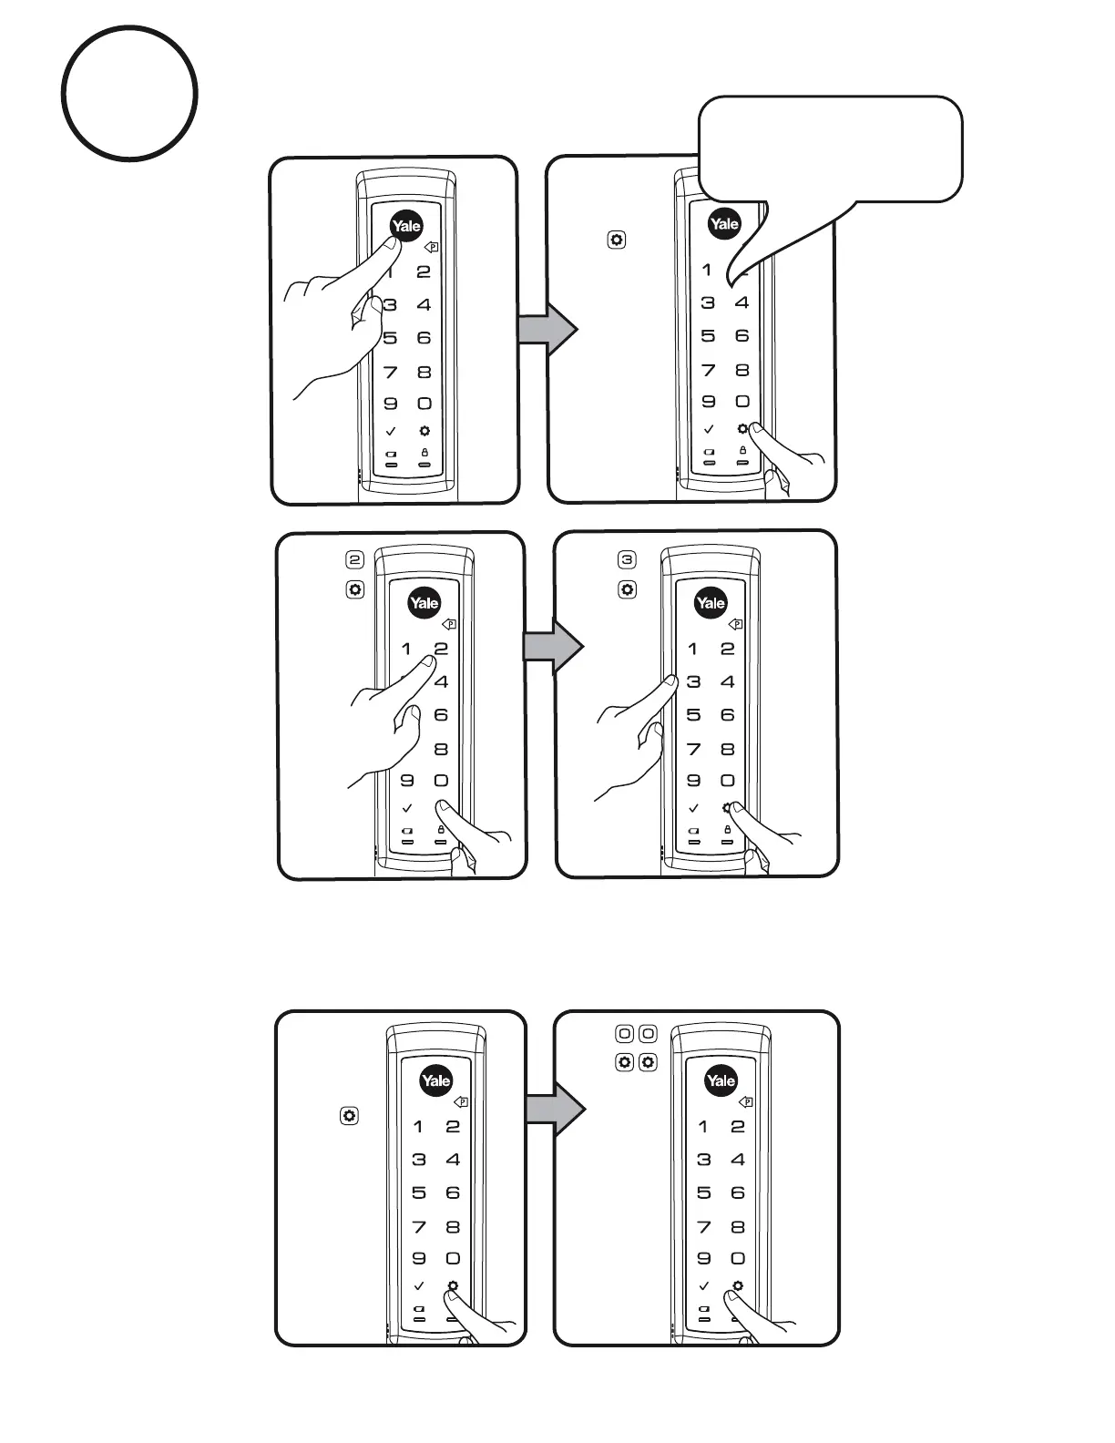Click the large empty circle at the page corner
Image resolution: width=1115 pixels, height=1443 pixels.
point(129,93)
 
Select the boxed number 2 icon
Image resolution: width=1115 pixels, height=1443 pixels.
point(354,559)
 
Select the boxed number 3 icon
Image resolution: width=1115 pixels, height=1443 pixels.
point(627,559)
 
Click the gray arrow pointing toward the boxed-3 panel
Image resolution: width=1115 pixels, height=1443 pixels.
point(552,647)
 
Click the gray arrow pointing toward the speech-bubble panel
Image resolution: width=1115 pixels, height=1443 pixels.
point(547,329)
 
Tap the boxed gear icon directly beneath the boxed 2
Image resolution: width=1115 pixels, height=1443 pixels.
point(354,589)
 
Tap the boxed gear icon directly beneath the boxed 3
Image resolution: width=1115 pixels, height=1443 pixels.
point(627,589)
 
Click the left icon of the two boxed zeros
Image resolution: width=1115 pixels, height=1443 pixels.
point(625,1033)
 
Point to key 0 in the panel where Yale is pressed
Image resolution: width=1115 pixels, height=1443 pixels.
point(424,404)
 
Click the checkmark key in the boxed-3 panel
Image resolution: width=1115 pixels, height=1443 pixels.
point(693,807)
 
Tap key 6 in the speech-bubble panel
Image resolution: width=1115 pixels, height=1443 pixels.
point(742,336)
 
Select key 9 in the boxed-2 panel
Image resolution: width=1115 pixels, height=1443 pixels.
point(406,780)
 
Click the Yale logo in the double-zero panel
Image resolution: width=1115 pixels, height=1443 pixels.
point(720,1080)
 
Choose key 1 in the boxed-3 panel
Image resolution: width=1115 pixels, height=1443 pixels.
point(693,649)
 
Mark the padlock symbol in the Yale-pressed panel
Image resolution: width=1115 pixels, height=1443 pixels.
point(424,452)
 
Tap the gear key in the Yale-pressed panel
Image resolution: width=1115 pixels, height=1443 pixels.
point(424,431)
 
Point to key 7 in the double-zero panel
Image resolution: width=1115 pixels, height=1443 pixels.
point(703,1227)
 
